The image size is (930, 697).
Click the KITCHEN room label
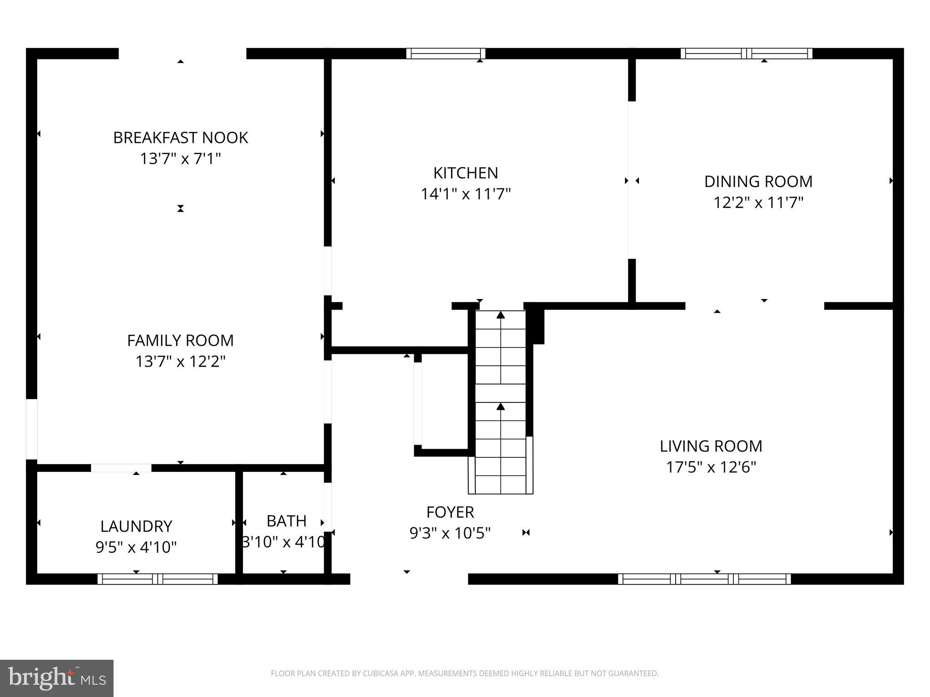pos(465,173)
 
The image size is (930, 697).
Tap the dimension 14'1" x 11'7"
pos(465,194)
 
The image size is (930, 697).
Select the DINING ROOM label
pos(758,182)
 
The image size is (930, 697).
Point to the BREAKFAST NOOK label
pos(180,137)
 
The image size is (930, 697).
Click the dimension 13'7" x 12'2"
pos(180,362)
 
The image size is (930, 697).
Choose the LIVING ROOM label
pos(711,446)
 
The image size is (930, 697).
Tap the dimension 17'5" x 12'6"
pos(711,467)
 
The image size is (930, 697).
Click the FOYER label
pos(450,512)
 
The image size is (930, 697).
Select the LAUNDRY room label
pos(136,526)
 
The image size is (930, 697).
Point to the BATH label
pos(286,521)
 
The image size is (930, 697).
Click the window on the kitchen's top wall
pos(445,54)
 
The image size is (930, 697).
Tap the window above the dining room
pos(746,54)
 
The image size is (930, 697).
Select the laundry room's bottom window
pos(157,579)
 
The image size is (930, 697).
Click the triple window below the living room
pos(704,579)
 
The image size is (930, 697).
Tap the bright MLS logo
pos(57,678)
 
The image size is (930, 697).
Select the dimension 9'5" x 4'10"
pos(136,547)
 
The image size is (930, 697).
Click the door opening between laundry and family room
pos(121,468)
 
